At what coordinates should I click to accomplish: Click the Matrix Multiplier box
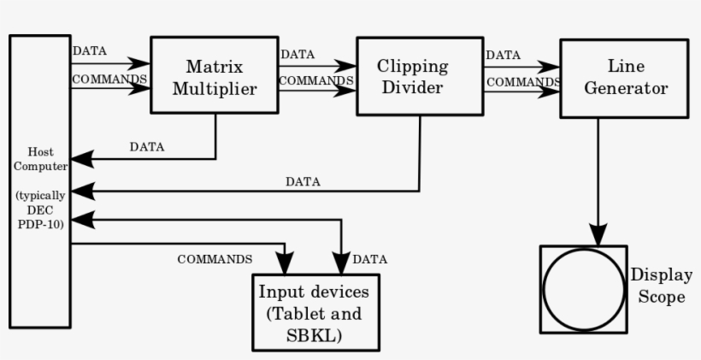click(215, 75)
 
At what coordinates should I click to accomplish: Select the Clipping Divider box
click(412, 75)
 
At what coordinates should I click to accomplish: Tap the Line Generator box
click(624, 77)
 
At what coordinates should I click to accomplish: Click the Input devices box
click(315, 312)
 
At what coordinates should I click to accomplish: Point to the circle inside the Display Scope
click(583, 290)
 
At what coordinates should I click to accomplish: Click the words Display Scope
click(657, 286)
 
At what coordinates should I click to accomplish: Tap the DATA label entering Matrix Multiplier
click(90, 50)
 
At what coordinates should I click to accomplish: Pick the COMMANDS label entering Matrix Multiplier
click(110, 79)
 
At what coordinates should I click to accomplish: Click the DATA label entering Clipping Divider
click(297, 54)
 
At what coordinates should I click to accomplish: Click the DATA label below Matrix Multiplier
click(147, 146)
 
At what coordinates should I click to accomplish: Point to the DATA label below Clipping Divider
click(303, 181)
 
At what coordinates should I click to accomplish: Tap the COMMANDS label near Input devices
click(215, 258)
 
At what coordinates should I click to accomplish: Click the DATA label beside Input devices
click(369, 258)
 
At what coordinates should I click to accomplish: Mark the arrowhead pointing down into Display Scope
click(598, 234)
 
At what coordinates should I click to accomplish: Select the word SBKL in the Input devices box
click(315, 335)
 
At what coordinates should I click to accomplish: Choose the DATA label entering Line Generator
click(504, 55)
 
